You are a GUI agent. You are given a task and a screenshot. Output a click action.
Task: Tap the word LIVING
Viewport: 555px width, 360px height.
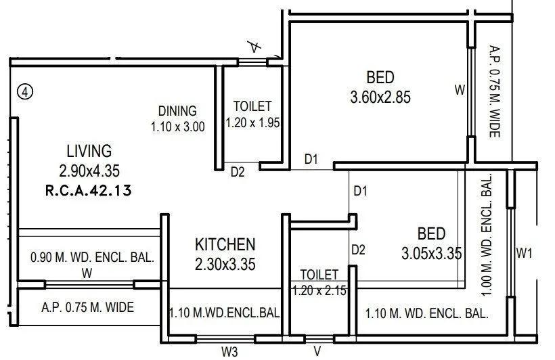coord(89,150)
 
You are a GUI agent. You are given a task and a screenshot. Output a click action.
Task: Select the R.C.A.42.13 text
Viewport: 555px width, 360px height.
coord(88,192)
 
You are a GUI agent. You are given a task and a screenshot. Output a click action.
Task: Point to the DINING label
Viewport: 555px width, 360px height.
coord(177,111)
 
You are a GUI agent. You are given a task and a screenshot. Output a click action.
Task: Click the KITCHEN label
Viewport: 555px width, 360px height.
coord(225,244)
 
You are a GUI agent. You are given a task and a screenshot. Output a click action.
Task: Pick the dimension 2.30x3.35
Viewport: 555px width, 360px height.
coord(225,265)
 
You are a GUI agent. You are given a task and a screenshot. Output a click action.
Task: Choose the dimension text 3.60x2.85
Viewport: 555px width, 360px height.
coord(380,97)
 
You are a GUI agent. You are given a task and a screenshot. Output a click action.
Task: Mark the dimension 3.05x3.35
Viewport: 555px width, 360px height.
coord(431,254)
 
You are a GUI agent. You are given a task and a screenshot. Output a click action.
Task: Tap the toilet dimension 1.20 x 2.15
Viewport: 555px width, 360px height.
coord(319,290)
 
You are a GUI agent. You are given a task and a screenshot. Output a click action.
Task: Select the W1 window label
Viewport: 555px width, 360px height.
coord(525,254)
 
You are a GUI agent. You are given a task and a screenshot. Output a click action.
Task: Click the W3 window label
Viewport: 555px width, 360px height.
coord(230,352)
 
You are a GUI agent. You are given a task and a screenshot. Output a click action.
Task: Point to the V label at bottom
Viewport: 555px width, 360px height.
coord(317,352)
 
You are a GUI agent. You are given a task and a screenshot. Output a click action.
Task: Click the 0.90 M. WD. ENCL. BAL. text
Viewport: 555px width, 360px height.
coord(93,258)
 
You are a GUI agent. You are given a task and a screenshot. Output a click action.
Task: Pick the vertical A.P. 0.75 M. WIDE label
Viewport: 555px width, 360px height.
coord(494,91)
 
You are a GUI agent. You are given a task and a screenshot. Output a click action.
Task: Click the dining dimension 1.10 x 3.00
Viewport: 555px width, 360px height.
coord(177,126)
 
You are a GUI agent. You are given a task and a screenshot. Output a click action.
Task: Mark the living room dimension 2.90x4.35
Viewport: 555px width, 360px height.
coord(89,171)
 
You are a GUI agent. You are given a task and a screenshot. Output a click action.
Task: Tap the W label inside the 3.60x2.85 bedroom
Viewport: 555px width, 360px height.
coord(460,89)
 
